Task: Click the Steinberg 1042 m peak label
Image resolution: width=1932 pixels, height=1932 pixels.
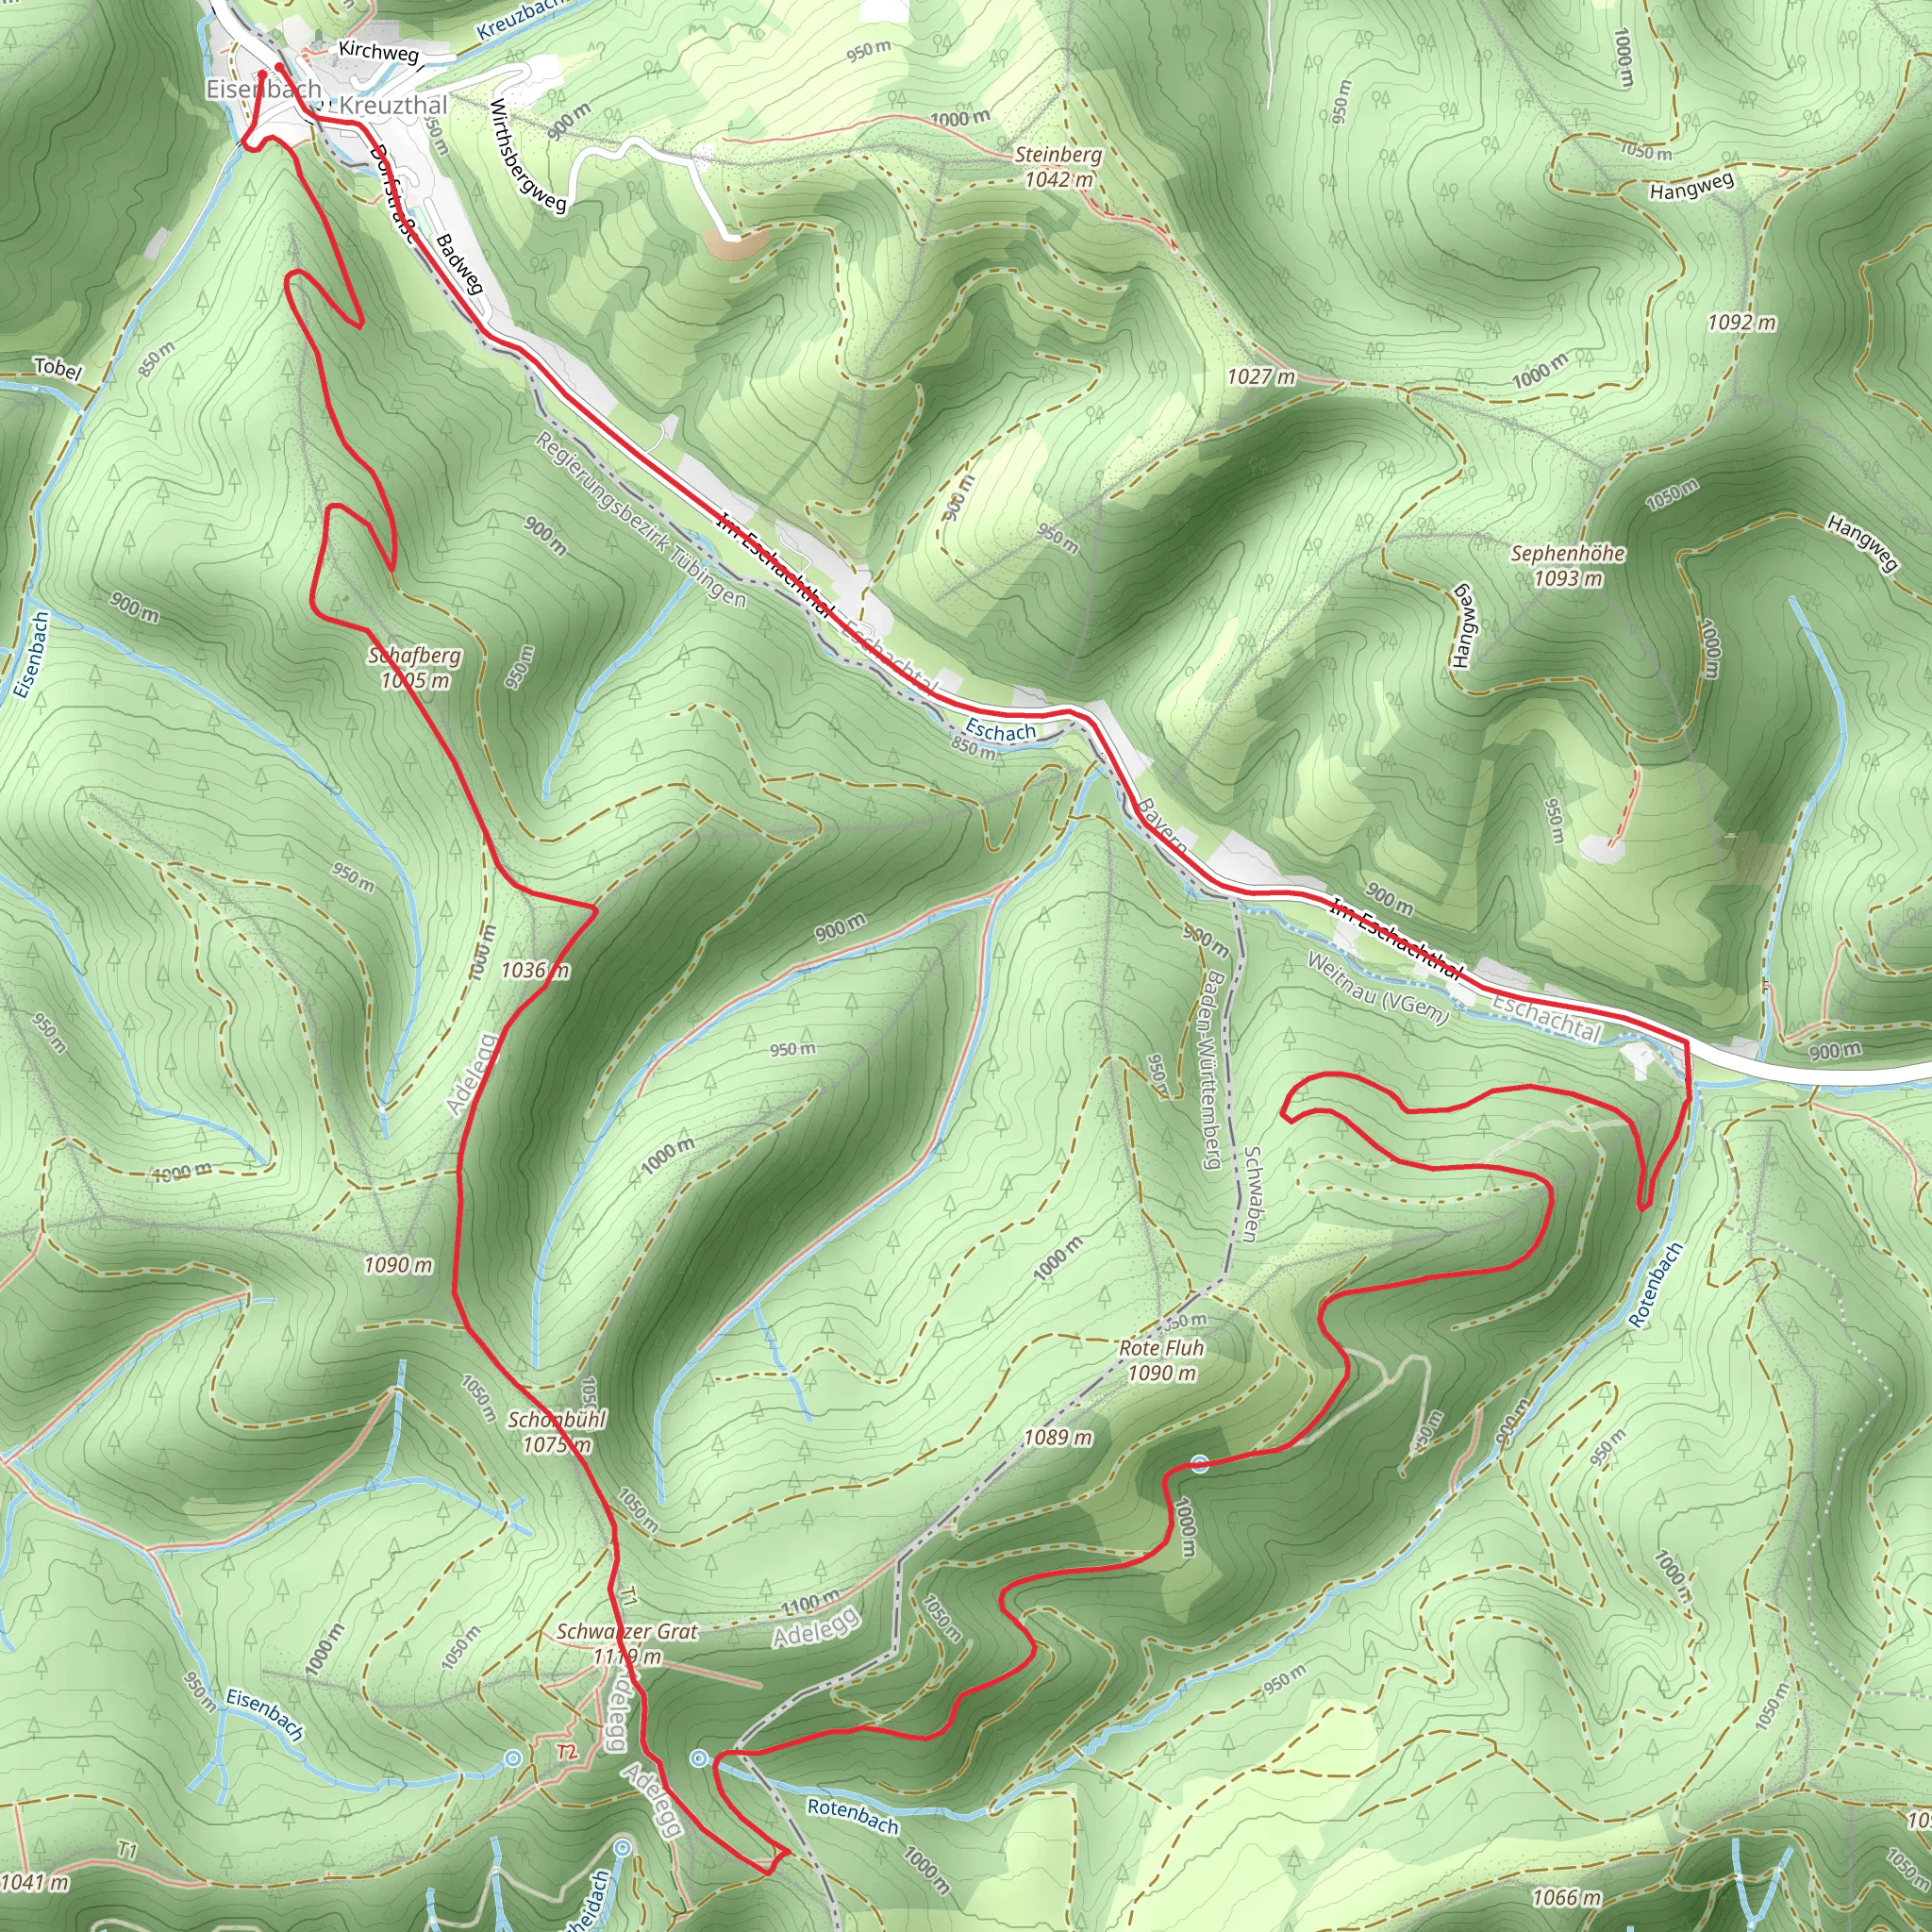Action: pos(1058,167)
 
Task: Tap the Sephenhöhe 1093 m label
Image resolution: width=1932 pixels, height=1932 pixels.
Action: pos(1567,565)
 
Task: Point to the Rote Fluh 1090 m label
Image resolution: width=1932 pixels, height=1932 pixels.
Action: pos(1161,1360)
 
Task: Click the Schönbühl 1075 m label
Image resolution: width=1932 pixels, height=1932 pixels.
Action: pos(557,1432)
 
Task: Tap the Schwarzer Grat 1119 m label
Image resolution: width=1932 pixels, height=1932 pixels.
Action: pos(627,1643)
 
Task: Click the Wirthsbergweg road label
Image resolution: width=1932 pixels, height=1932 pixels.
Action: pos(527,155)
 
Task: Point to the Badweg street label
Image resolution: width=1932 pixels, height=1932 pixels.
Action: pos(460,264)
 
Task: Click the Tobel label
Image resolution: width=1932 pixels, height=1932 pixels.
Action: pos(57,368)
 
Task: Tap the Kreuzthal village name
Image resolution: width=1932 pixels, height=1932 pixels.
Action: pos(393,105)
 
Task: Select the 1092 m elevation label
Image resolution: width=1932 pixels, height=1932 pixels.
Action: pos(1741,322)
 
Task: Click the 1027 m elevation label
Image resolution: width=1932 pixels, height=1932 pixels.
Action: pos(1261,377)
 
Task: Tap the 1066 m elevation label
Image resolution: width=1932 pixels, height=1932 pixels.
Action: pos(1566,1897)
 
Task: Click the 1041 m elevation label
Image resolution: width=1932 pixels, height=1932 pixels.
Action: pos(35,1882)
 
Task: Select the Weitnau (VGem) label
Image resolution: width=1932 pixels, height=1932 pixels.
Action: pos(1377,989)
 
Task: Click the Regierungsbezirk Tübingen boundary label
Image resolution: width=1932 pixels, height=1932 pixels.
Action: pos(640,520)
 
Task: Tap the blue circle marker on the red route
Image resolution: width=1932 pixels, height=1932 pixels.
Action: pos(1200,1466)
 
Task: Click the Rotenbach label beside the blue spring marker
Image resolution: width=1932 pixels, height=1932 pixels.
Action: pos(852,1815)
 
